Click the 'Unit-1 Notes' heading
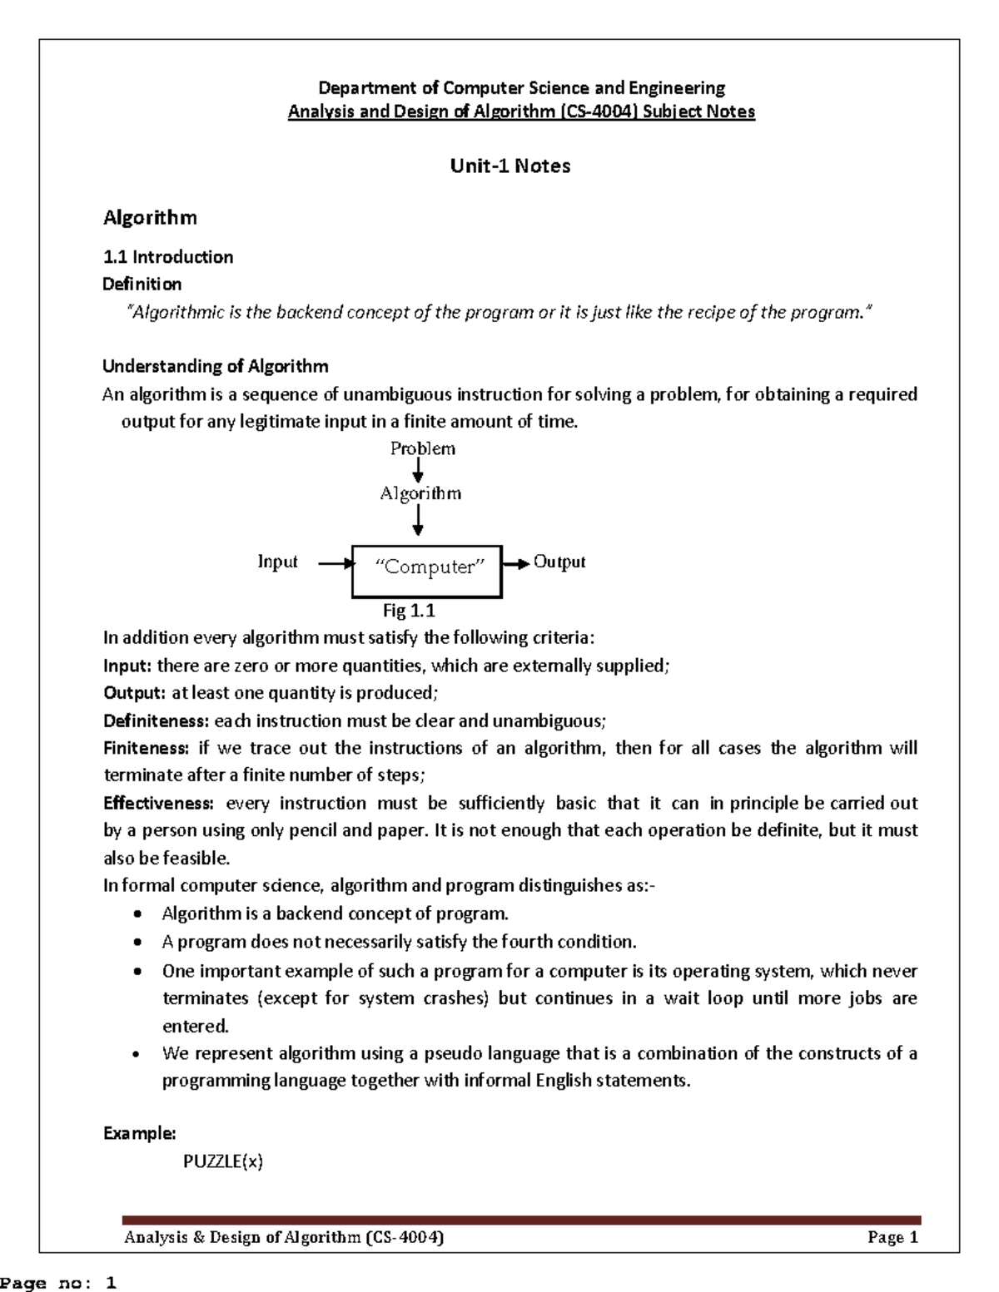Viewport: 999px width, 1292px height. tap(509, 166)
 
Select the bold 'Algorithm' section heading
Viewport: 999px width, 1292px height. tap(150, 218)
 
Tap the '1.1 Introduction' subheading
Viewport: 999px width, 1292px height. tap(167, 257)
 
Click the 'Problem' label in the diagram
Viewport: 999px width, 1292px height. tap(423, 449)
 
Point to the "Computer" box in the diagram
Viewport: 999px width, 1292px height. tap(427, 572)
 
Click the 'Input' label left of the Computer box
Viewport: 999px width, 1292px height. tap(277, 562)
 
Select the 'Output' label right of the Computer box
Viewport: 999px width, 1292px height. tap(559, 562)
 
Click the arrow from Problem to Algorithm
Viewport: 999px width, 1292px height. tap(418, 472)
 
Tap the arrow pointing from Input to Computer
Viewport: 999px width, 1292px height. tap(335, 564)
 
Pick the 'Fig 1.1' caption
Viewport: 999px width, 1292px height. tap(409, 611)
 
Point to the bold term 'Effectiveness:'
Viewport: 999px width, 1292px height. tap(158, 803)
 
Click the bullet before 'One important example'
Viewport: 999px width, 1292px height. tap(137, 972)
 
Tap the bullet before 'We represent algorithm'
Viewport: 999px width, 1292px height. tap(137, 1054)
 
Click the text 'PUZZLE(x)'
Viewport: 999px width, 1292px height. tap(223, 1162)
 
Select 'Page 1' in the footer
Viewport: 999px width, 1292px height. tap(892, 1237)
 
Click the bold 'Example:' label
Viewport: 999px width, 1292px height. tap(139, 1133)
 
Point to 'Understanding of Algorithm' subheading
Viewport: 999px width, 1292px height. tap(215, 366)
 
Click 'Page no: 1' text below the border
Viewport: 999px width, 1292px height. tap(58, 1284)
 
